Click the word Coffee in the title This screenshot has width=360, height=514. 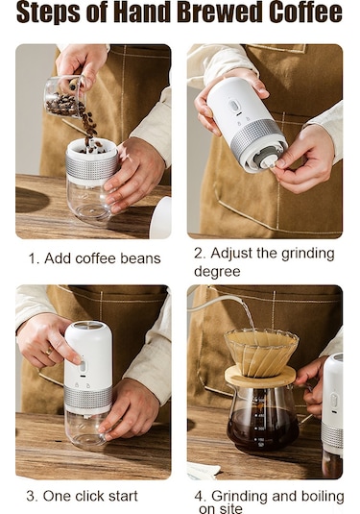click(305, 12)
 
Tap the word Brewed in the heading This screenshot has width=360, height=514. click(220, 12)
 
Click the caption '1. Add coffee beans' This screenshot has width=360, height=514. click(94, 258)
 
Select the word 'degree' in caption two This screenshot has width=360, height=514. click(217, 272)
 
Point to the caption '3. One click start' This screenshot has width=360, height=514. click(82, 496)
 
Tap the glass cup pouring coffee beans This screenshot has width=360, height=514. click(65, 96)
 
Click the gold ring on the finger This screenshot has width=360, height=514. click(49, 351)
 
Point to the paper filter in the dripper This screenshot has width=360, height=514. click(261, 351)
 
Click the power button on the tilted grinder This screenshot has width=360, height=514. click(234, 106)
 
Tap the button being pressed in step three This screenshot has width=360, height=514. click(83, 366)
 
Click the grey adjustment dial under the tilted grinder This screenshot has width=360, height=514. click(262, 160)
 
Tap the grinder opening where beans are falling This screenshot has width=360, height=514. click(91, 148)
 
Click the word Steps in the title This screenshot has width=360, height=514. click(48, 12)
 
